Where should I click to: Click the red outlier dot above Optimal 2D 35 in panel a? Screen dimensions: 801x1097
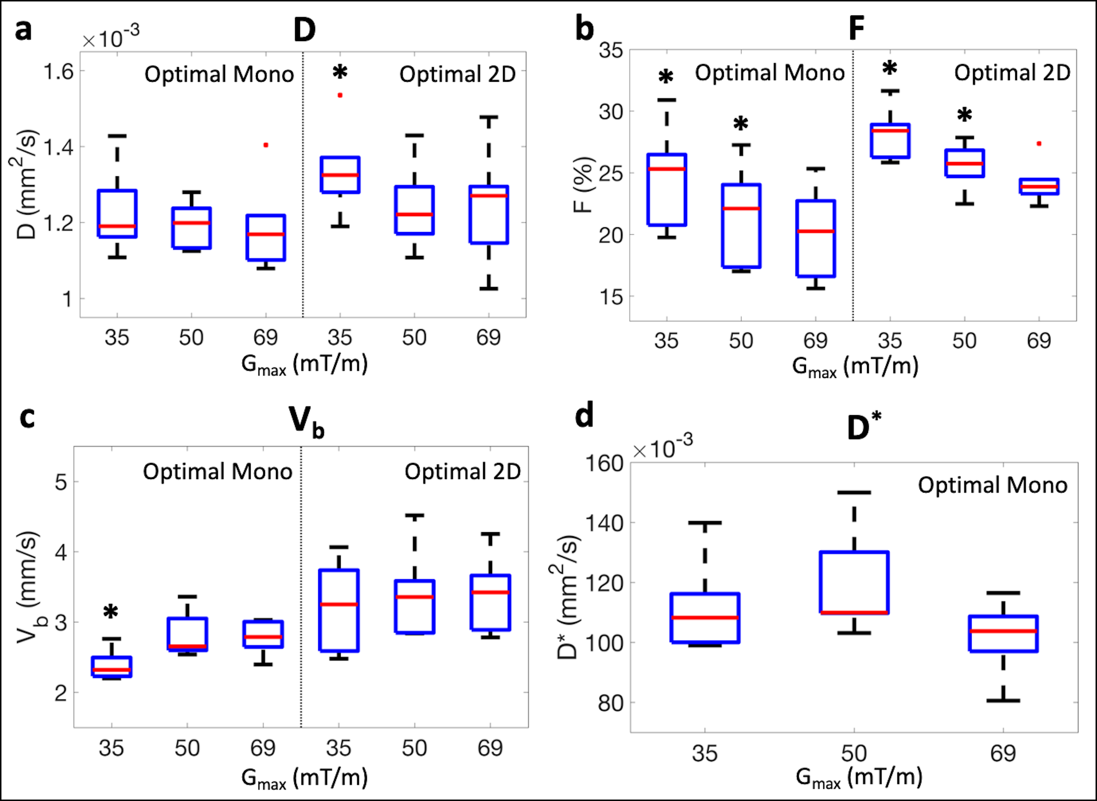[340, 95]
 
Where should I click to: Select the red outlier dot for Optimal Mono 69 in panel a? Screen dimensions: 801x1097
[266, 145]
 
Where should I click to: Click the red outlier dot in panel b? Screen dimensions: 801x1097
[1039, 143]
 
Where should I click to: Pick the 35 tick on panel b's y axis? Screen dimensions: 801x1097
[611, 50]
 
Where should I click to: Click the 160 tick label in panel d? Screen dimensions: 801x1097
[604, 464]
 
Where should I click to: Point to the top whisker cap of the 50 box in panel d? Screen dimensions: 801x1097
[854, 492]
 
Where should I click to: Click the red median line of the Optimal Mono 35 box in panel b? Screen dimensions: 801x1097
[667, 169]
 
